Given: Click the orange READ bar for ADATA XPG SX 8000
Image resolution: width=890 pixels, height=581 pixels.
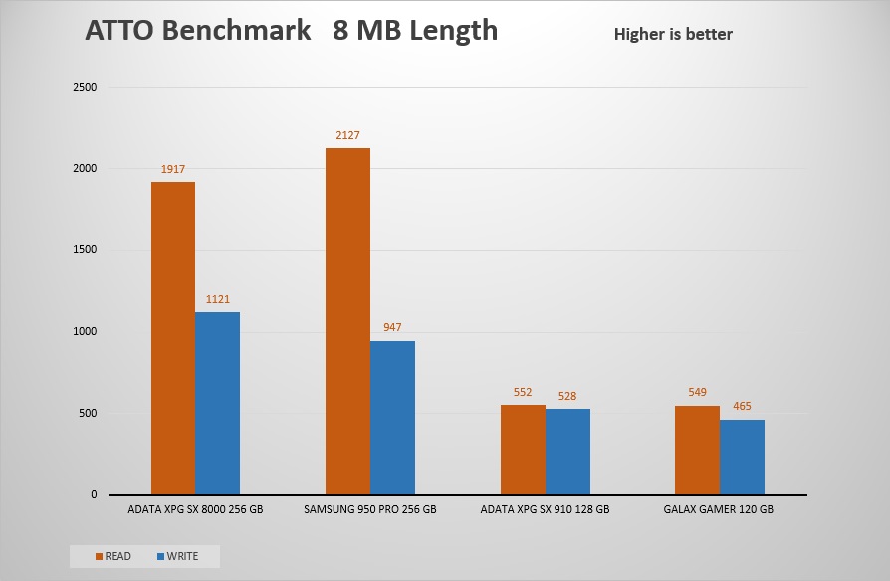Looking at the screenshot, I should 173,339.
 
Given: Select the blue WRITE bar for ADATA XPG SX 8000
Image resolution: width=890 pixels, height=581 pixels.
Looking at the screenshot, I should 217,404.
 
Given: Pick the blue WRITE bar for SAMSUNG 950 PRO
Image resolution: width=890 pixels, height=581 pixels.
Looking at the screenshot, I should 392,418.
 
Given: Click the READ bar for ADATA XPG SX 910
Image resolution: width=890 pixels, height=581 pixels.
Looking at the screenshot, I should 523,449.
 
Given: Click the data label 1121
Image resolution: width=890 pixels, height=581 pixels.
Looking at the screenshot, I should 217,299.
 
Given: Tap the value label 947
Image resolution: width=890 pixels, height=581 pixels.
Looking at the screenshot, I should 392,327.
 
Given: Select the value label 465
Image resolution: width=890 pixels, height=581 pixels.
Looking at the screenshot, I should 742,406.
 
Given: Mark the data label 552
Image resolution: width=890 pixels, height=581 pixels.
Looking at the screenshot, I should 523,392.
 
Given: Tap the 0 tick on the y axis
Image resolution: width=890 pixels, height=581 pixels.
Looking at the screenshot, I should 94,494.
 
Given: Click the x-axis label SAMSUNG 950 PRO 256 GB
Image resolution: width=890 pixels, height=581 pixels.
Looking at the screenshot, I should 369,508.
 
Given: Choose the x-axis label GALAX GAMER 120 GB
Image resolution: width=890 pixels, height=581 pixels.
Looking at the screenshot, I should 719,508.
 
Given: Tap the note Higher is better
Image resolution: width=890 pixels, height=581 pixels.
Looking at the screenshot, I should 673,35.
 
